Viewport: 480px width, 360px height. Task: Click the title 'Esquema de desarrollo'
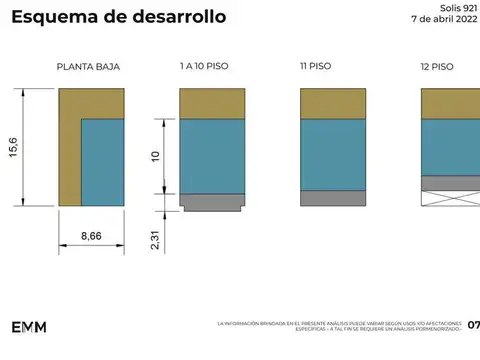118,18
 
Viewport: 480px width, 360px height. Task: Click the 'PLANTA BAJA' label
88,67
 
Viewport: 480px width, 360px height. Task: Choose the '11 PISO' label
316,66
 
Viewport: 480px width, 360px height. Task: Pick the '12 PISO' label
437,67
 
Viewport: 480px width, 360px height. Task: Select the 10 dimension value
155,157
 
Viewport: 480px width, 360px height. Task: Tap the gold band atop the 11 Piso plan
333,104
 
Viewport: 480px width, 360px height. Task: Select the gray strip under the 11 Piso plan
333,198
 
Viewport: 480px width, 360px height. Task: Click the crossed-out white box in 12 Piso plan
450,198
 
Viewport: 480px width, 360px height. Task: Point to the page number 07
473,325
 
